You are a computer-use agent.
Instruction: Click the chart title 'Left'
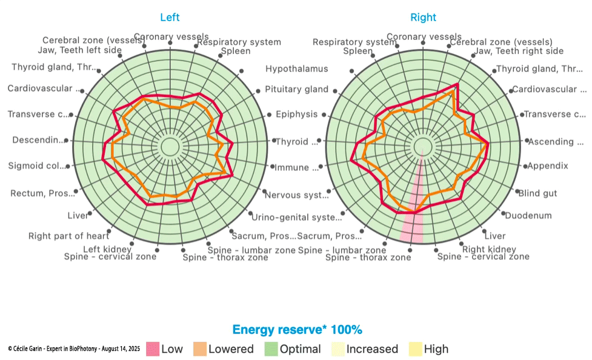click(170, 18)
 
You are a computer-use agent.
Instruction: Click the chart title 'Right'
click(423, 18)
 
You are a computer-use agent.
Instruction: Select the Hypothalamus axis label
click(297, 69)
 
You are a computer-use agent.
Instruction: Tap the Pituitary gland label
click(296, 90)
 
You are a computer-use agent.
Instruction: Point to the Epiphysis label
click(296, 114)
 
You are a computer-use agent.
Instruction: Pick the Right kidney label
click(489, 249)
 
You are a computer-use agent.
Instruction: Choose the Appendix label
click(547, 165)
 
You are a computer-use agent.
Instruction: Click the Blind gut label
click(537, 193)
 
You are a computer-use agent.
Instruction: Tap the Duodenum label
click(528, 215)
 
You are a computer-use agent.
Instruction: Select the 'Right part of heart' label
click(68, 236)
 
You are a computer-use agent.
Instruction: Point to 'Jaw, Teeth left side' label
click(79, 50)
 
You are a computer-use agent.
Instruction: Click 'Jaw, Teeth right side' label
click(519, 51)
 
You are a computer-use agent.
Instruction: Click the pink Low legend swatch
click(152, 349)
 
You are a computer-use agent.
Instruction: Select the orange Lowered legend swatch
click(200, 349)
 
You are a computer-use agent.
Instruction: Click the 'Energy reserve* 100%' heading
click(297, 330)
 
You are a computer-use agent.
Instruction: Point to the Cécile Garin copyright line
click(74, 349)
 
